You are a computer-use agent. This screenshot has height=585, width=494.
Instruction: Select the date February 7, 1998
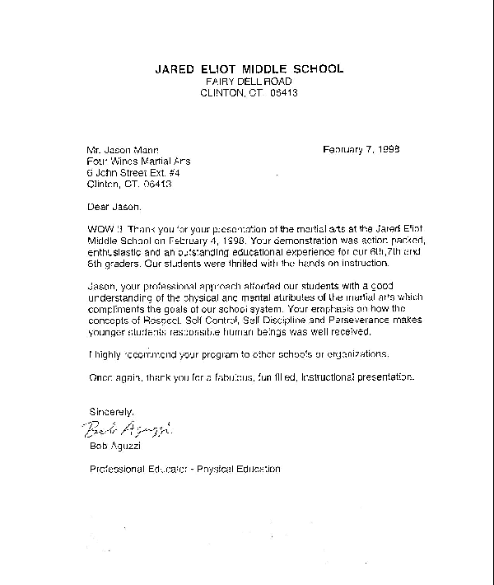pyautogui.click(x=361, y=150)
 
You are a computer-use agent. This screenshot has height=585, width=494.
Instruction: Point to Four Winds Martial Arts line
pyautogui.click(x=133, y=162)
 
